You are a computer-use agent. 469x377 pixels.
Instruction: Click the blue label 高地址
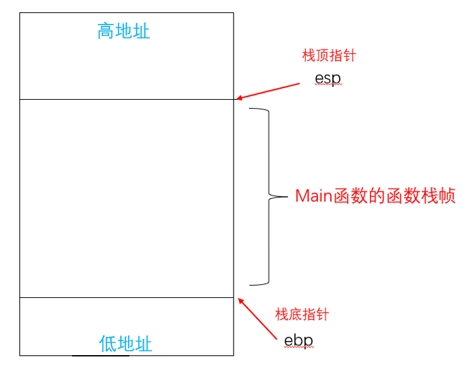pos(124,31)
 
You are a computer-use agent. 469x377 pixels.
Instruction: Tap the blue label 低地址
pos(125,344)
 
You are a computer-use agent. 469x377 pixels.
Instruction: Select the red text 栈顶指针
pos(329,56)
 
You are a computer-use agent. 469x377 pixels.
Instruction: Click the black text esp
pos(327,78)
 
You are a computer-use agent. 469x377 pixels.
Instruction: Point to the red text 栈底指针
pos(302,314)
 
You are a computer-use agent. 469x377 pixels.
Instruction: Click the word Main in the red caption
pos(313,196)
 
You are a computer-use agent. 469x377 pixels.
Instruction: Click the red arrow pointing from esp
pos(270,91)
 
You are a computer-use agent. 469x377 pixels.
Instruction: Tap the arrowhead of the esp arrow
pos(239,99)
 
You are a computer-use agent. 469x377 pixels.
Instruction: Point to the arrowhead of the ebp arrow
pos(240,300)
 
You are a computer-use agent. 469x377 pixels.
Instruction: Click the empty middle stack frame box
pos(127,198)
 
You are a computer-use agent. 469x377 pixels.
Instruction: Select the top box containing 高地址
pos(127,64)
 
